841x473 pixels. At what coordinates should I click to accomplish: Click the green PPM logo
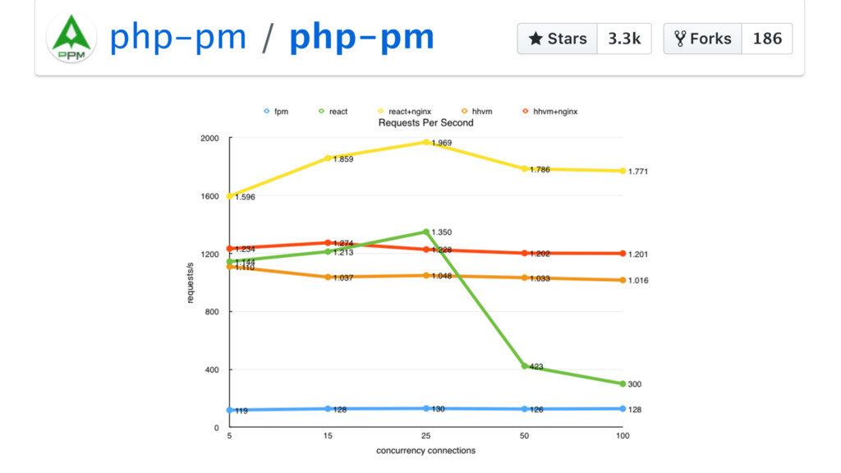point(71,38)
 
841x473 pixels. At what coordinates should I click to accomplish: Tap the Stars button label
point(558,39)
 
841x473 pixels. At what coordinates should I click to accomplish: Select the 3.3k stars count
point(624,39)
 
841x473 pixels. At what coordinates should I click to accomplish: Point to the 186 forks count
point(767,39)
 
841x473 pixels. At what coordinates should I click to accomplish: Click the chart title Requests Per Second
point(425,122)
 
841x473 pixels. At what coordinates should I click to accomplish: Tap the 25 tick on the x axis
point(425,436)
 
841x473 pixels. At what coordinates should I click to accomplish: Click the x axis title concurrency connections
point(425,451)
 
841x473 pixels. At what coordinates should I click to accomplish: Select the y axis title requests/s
point(191,283)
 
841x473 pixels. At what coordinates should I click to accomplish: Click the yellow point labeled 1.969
point(425,142)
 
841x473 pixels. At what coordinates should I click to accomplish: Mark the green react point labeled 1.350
point(425,232)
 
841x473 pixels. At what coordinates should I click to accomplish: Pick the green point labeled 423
point(524,365)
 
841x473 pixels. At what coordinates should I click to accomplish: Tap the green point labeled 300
point(623,383)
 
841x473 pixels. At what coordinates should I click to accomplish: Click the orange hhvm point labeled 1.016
point(623,280)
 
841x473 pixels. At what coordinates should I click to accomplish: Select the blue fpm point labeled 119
point(229,410)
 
